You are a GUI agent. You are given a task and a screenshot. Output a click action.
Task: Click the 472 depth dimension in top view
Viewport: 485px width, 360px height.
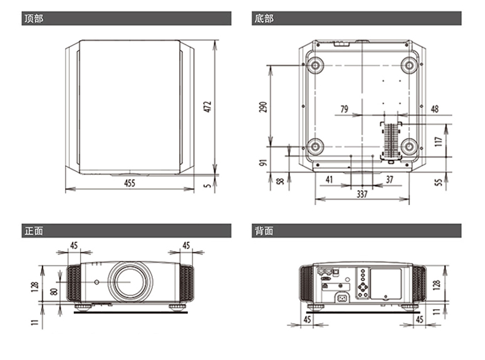pos(208,107)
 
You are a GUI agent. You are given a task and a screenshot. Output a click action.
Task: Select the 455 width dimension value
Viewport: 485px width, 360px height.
pos(130,183)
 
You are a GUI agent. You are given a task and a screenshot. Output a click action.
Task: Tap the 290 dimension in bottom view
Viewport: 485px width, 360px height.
pos(263,107)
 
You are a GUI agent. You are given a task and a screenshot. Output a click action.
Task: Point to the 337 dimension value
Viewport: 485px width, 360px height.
pos(362,194)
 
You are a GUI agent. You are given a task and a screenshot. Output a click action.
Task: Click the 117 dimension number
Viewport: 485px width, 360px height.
pos(438,142)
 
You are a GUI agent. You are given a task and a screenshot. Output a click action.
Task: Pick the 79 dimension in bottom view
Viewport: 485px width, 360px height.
pos(344,109)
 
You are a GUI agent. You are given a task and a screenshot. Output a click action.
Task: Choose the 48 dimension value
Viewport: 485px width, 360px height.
pos(435,109)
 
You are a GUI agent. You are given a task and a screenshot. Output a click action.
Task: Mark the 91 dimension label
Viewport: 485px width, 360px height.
pos(263,162)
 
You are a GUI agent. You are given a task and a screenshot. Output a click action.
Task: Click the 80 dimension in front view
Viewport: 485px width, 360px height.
pos(54,291)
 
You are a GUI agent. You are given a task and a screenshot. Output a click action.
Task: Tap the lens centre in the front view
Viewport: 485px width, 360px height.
pos(130,282)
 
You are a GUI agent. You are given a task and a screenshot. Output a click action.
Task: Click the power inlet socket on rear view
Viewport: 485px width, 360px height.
pos(342,299)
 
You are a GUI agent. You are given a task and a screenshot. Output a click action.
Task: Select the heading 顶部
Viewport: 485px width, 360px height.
pos(34,19)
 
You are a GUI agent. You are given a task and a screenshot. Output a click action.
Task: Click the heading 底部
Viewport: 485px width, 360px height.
pos(264,19)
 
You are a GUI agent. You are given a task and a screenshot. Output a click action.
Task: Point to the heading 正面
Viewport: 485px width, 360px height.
pos(34,231)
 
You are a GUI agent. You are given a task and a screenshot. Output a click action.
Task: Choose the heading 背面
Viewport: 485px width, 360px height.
pos(264,231)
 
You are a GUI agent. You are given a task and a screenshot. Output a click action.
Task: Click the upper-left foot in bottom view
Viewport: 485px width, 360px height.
pos(315,65)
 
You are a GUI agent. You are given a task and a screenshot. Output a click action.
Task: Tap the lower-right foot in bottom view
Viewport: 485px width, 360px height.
pos(409,146)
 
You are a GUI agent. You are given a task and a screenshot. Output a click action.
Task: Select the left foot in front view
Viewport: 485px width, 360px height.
pos(83,307)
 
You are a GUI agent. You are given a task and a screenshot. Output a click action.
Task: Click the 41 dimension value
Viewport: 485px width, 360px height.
pos(329,179)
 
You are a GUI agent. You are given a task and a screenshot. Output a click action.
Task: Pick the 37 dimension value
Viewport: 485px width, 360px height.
pos(389,179)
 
